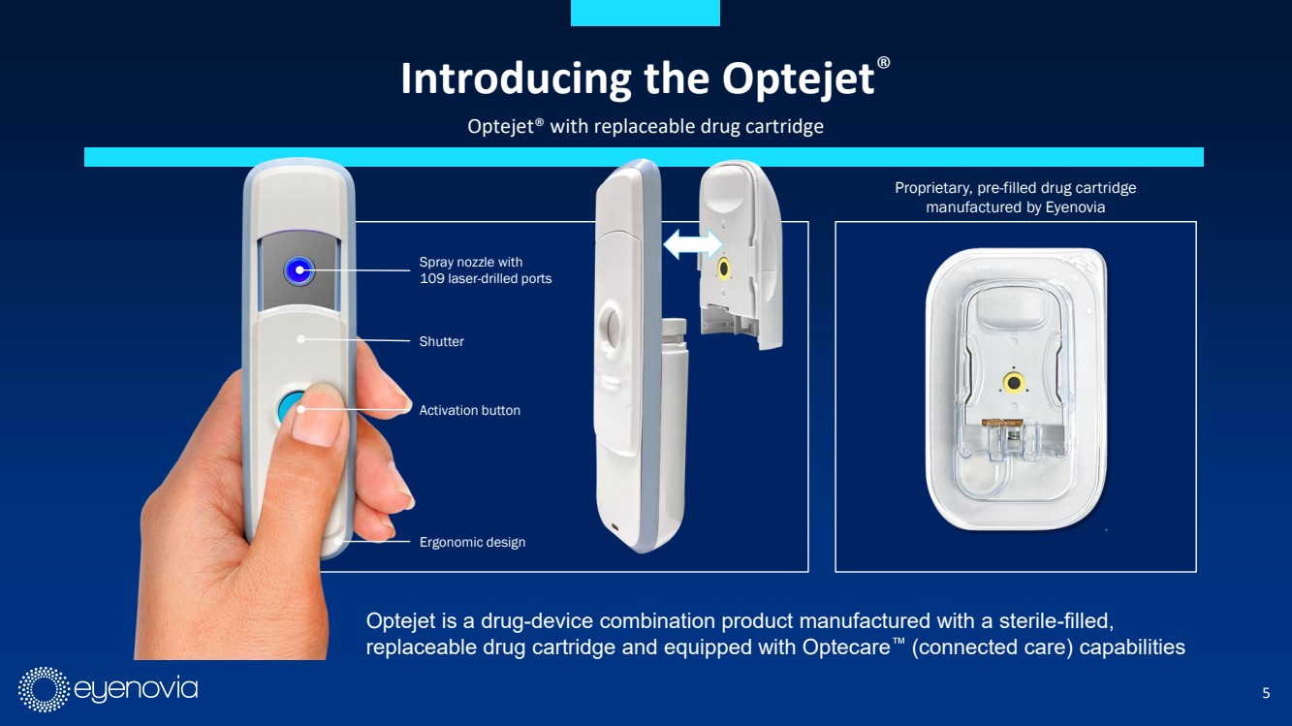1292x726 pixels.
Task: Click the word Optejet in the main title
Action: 799,79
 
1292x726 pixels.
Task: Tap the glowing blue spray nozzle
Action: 299,270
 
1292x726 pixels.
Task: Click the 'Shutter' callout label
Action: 441,341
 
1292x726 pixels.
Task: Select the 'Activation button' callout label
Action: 469,410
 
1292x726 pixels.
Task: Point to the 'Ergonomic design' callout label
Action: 472,542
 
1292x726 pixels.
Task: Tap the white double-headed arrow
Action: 693,244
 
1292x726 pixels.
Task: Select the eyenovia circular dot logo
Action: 44,690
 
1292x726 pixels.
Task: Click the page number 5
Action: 1266,693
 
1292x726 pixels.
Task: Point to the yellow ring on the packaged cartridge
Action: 1014,382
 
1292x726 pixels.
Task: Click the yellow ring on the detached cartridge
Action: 723,268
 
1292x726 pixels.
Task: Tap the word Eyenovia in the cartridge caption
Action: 1075,207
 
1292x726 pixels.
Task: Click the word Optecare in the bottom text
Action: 847,647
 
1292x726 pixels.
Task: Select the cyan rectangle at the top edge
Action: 646,13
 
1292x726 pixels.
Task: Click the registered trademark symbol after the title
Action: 883,62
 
